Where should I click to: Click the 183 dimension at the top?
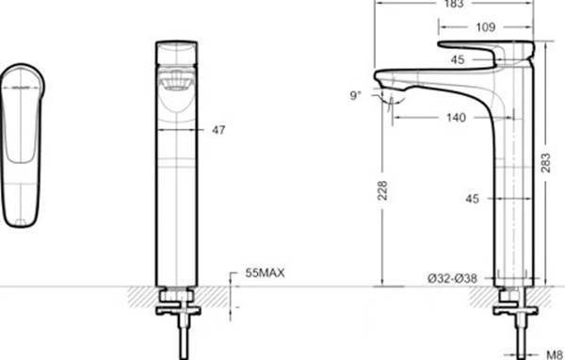point(454,4)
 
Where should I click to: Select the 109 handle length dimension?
point(485,27)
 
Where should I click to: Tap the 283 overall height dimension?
point(546,163)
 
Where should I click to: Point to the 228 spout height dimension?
point(382,190)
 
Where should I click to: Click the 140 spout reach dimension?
point(456,118)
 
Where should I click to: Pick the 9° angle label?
point(355,95)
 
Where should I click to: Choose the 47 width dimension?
point(218,130)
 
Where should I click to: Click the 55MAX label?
point(265,272)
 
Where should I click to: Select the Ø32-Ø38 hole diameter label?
point(452,278)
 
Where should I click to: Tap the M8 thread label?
point(555,355)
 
